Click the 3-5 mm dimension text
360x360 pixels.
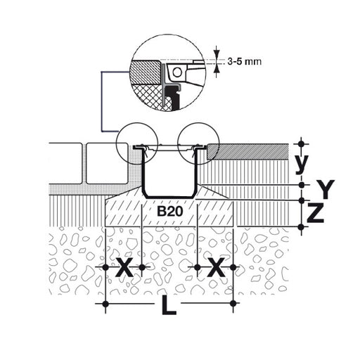tap(244, 62)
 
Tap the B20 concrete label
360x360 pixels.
tap(169, 212)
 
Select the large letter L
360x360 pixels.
tap(168, 304)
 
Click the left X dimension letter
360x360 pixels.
tap(124, 267)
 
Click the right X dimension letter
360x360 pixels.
tap(217, 267)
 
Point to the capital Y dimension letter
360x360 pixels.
tap(325, 189)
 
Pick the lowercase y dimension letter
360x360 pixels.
tap(301, 164)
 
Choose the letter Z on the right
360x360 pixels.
tap(316, 213)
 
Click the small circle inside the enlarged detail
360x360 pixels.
tap(177, 72)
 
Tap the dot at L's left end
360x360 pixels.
tap(105, 304)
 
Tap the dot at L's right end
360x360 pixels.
tap(233, 304)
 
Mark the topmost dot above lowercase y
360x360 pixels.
tap(302, 143)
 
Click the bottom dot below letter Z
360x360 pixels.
tap(302, 227)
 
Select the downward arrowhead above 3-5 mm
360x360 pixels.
tap(217, 54)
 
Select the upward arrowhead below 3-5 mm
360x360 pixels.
tap(217, 69)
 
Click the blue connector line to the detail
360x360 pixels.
tap(102, 101)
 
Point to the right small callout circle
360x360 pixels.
tap(178, 143)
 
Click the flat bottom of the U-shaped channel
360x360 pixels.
tap(169, 197)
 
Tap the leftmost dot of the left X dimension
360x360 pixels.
tap(105, 267)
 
